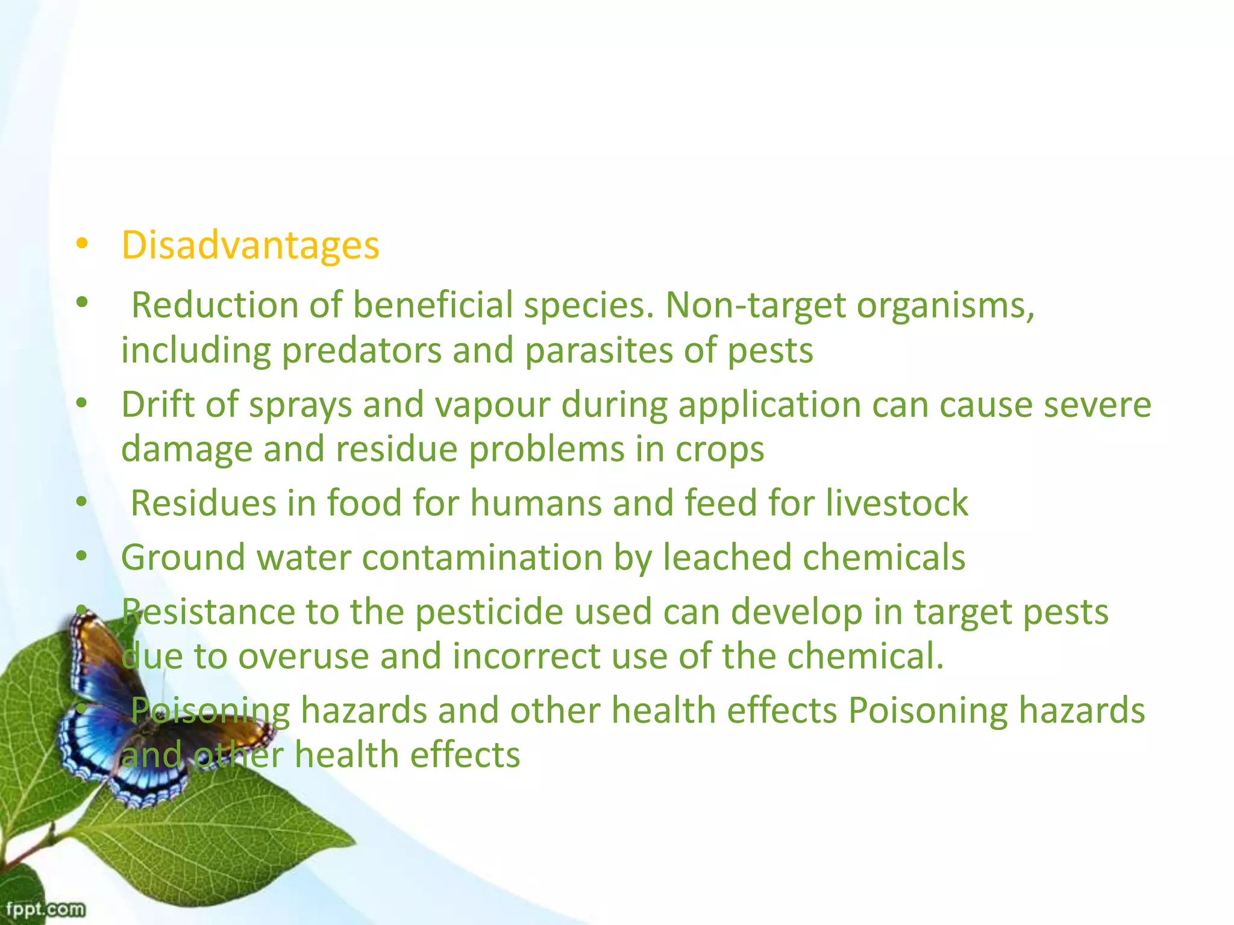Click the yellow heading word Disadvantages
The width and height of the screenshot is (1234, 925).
pos(250,246)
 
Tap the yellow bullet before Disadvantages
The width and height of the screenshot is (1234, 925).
pos(82,244)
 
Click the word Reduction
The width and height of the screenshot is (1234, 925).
pos(215,305)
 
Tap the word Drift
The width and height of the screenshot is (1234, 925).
pos(158,404)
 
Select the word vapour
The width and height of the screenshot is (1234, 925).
pos(492,404)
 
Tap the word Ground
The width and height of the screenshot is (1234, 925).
pos(183,557)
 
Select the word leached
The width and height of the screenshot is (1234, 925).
pos(727,557)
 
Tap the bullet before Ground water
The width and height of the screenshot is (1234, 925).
pos(82,556)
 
